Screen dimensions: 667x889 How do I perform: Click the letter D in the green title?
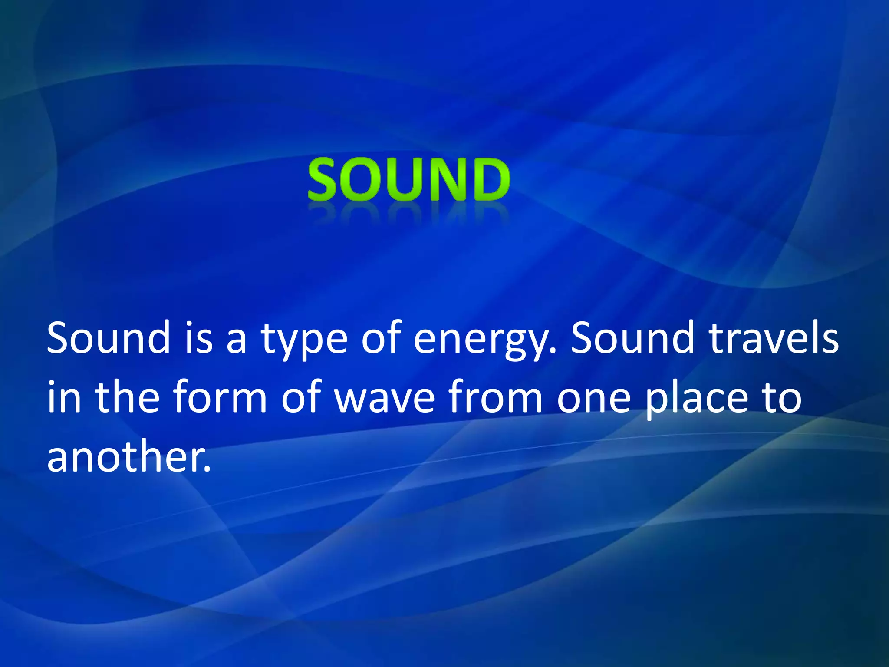pos(489,179)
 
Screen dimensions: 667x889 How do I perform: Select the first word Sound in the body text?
pos(109,338)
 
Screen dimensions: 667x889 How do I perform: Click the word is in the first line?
pos(199,338)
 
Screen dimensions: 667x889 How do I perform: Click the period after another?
pos(207,469)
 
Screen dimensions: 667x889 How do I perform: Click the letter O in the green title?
pos(365,179)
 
